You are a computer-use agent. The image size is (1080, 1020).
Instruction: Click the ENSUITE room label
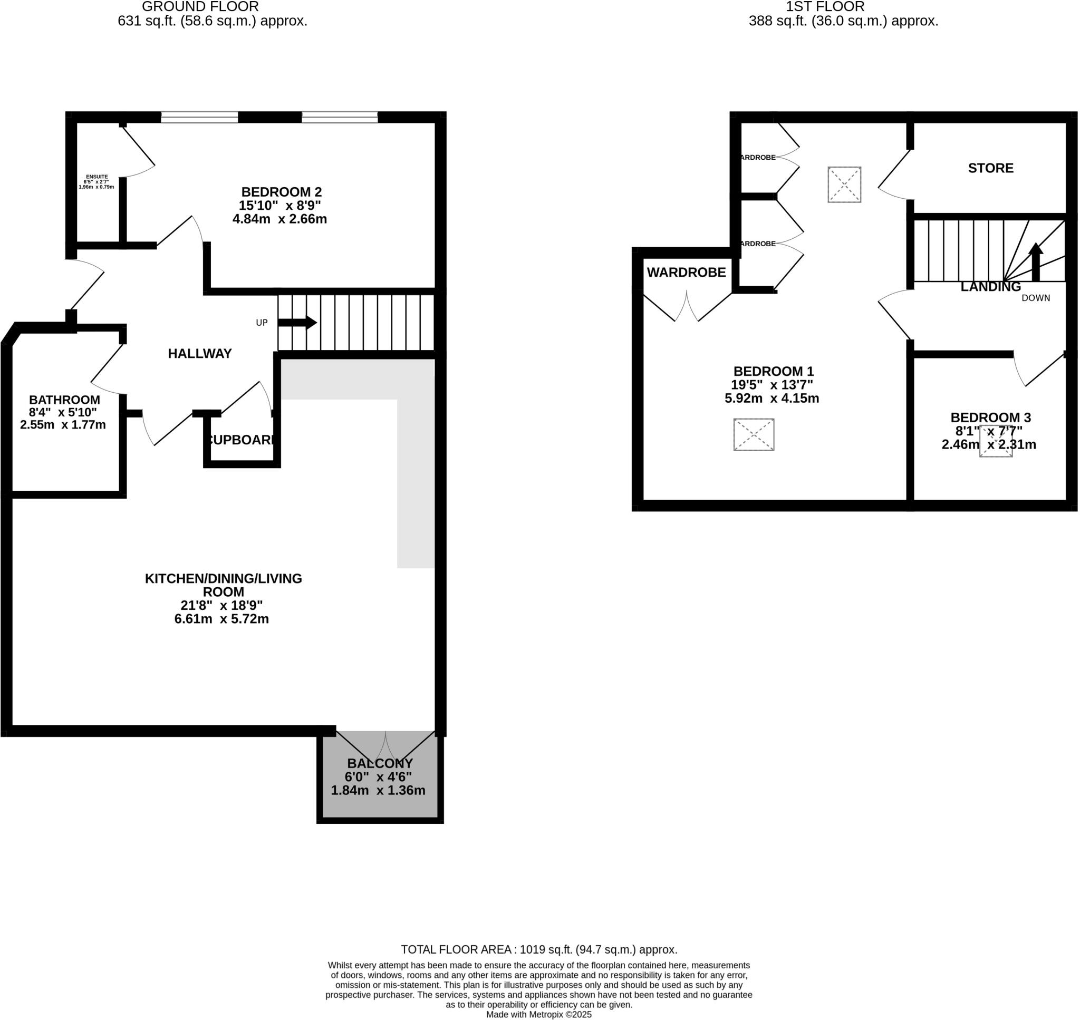(97, 177)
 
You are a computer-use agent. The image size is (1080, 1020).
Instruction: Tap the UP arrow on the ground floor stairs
(297, 323)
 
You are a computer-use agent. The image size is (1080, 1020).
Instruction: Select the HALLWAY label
(199, 354)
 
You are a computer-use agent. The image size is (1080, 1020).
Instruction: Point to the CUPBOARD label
(241, 440)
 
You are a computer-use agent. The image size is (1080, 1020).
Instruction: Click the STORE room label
(990, 168)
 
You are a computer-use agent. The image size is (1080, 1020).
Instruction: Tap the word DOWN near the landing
(1035, 298)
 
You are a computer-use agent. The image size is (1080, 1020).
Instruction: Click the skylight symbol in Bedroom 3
(996, 442)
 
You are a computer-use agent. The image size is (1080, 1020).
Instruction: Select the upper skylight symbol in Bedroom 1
(844, 184)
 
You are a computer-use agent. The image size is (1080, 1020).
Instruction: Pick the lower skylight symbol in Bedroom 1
(754, 434)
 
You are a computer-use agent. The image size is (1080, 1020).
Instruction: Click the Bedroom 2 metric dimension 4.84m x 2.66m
(279, 219)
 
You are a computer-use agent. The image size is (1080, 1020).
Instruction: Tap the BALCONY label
(380, 763)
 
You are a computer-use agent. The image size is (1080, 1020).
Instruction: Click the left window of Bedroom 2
(199, 117)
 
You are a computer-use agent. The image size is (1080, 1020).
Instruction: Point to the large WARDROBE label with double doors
(686, 273)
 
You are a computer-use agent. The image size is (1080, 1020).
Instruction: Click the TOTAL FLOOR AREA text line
(539, 949)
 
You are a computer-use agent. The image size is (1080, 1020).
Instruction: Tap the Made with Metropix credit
(538, 1015)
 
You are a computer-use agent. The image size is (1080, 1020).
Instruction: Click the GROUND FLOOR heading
(200, 7)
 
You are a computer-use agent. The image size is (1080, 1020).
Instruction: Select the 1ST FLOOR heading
(824, 7)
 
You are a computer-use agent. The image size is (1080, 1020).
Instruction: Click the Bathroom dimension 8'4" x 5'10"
(63, 413)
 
